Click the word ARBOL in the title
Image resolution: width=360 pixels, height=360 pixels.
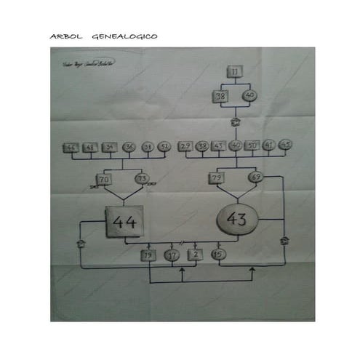pyautogui.click(x=64, y=36)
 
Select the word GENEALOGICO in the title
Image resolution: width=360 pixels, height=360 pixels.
pyautogui.click(x=125, y=36)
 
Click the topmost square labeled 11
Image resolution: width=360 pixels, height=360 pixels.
pyautogui.click(x=235, y=71)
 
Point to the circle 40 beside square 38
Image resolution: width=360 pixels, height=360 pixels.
pyautogui.click(x=249, y=96)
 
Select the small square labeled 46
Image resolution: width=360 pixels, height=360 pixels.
pyautogui.click(x=72, y=147)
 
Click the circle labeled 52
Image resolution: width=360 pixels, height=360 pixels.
pyautogui.click(x=166, y=147)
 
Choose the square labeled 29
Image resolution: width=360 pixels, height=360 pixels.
pyautogui.click(x=185, y=146)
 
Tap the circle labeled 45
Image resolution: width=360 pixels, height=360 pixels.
pyautogui.click(x=285, y=145)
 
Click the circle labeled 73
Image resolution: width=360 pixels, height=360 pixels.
pyautogui.click(x=142, y=178)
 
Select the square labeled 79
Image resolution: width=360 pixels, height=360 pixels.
pyautogui.click(x=217, y=178)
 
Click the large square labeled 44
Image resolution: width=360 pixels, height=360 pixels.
pyautogui.click(x=127, y=222)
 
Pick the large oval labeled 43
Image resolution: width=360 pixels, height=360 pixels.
pyautogui.click(x=236, y=219)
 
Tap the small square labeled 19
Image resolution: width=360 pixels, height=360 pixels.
pyautogui.click(x=148, y=255)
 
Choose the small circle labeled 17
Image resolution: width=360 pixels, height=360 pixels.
pyautogui.click(x=172, y=255)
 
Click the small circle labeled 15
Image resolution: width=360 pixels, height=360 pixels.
pyautogui.click(x=217, y=254)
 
